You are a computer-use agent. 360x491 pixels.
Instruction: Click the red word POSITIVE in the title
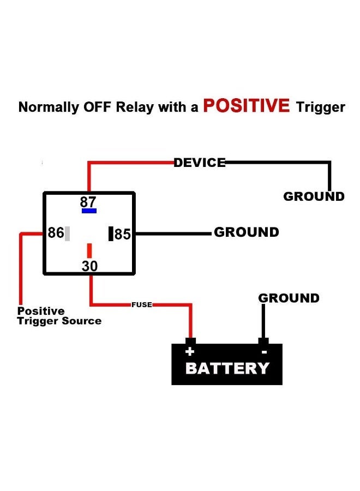point(246,105)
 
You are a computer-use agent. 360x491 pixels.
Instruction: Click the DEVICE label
point(199,163)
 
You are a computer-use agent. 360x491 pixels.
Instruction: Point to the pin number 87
point(88,201)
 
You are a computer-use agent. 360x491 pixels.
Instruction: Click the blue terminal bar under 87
point(89,211)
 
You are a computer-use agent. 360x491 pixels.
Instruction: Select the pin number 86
point(56,233)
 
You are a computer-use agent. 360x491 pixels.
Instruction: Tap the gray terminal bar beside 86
point(68,233)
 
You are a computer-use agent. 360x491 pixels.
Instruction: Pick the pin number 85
point(123,235)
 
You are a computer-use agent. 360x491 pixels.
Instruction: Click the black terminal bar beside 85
point(111,233)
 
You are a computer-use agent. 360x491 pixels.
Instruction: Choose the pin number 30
point(89,266)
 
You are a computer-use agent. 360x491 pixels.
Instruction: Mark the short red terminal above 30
point(89,250)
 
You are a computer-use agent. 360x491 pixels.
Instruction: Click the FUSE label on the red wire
point(141,304)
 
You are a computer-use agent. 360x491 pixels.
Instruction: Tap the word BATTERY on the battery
point(227,368)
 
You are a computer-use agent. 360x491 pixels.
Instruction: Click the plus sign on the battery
point(190,352)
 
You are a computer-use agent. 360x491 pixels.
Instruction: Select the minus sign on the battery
point(264,352)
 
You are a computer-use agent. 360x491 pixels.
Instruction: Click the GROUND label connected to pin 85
point(246,232)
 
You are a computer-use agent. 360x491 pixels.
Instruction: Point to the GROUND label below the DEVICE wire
point(314,196)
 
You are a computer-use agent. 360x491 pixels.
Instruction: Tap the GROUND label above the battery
point(289,298)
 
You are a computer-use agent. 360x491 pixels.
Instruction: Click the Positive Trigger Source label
point(59,316)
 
